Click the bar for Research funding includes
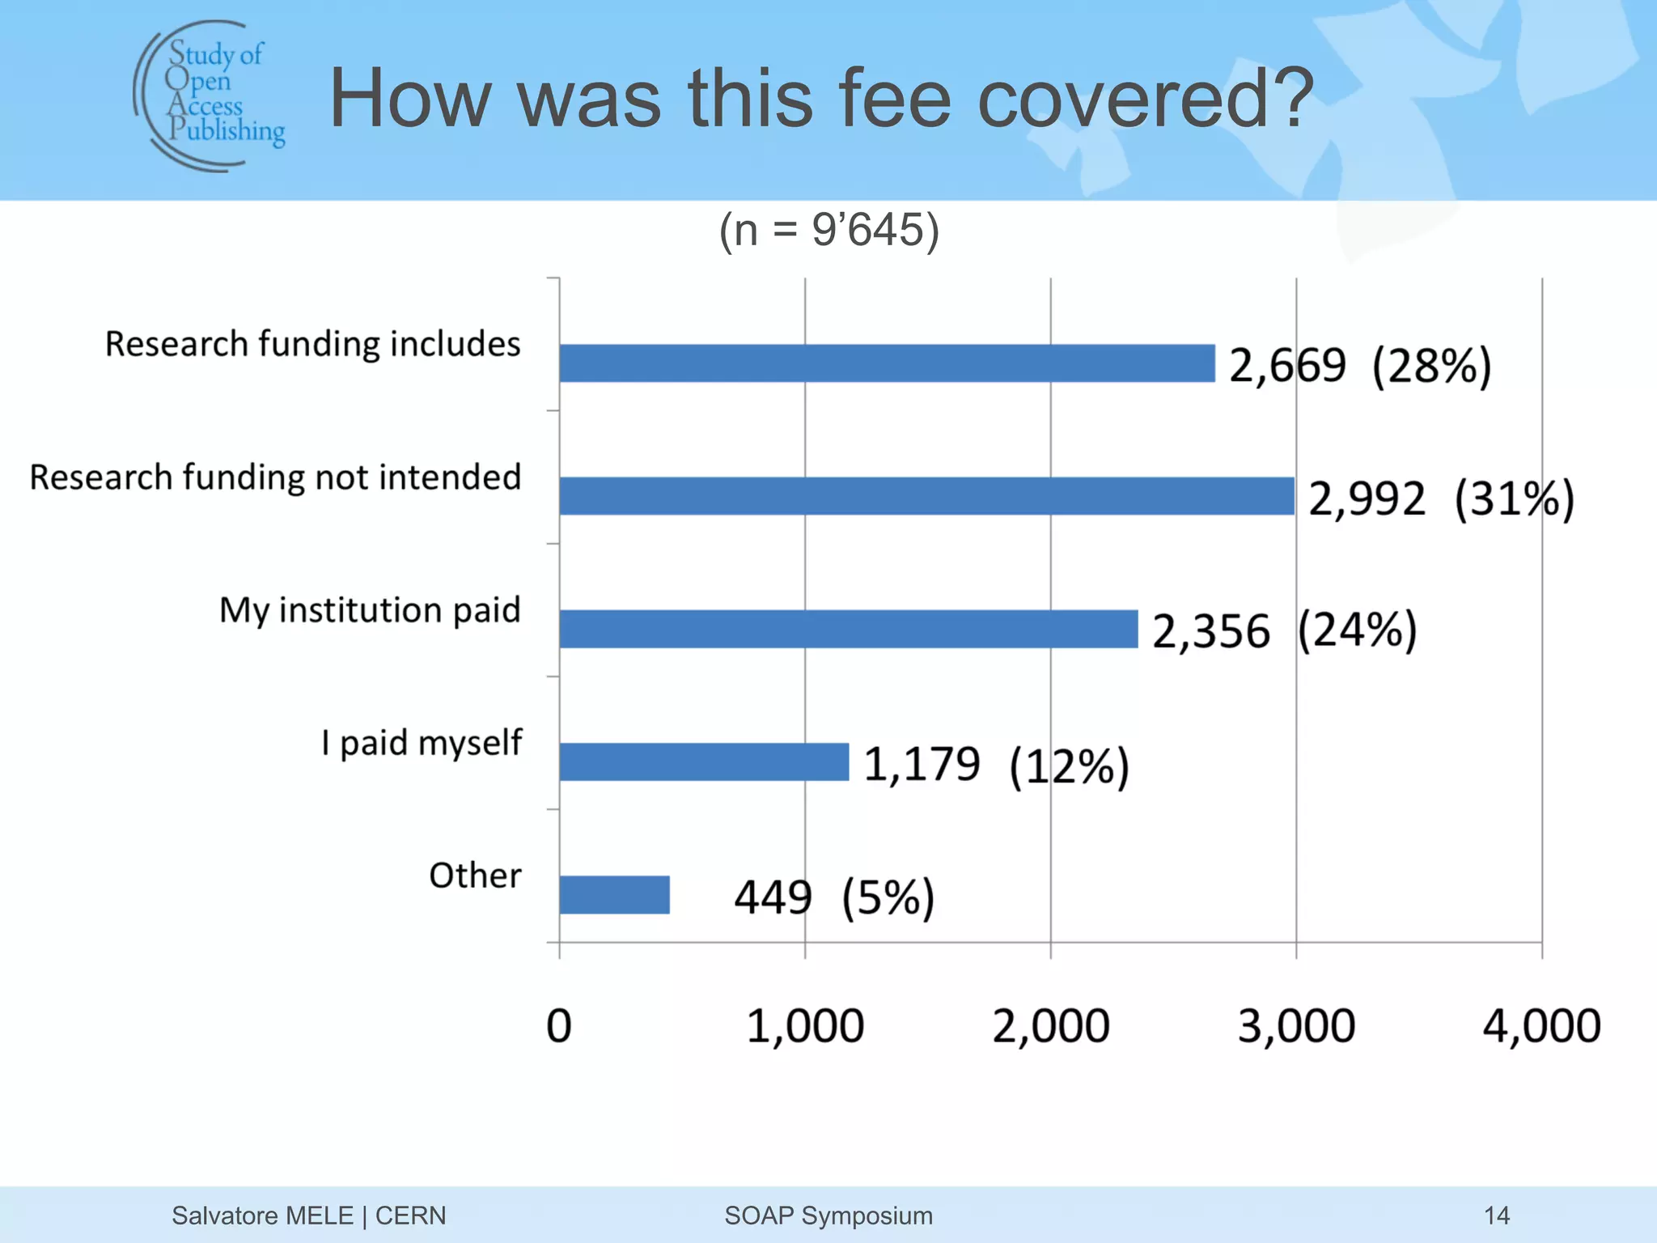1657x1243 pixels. click(887, 363)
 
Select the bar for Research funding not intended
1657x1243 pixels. click(926, 496)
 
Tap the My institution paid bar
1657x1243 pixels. click(848, 629)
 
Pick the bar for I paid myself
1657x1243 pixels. click(704, 761)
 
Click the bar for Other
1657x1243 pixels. click(614, 894)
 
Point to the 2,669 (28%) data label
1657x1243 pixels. click(1360, 365)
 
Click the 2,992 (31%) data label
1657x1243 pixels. click(1441, 498)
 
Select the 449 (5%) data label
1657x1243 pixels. click(834, 897)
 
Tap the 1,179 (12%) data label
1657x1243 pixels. click(996, 765)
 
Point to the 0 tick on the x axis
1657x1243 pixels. click(559, 1026)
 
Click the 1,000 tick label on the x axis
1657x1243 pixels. click(805, 1026)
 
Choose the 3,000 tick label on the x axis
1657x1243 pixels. click(1296, 1026)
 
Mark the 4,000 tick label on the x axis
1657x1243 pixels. click(1541, 1026)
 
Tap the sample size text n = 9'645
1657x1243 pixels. click(828, 230)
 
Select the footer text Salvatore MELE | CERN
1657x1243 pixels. click(308, 1215)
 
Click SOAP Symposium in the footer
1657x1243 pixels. click(828, 1215)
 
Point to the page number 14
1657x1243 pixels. click(1497, 1215)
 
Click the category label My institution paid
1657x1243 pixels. click(370, 610)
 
